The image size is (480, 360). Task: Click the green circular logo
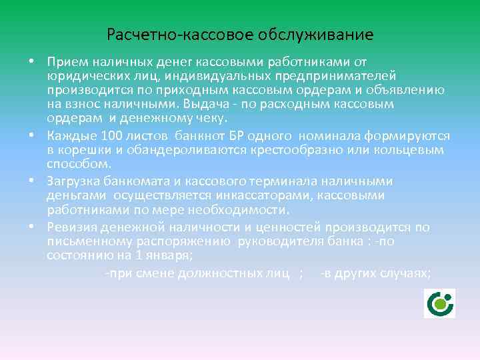point(439,304)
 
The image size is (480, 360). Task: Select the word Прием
point(65,63)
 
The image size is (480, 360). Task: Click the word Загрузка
point(75,181)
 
